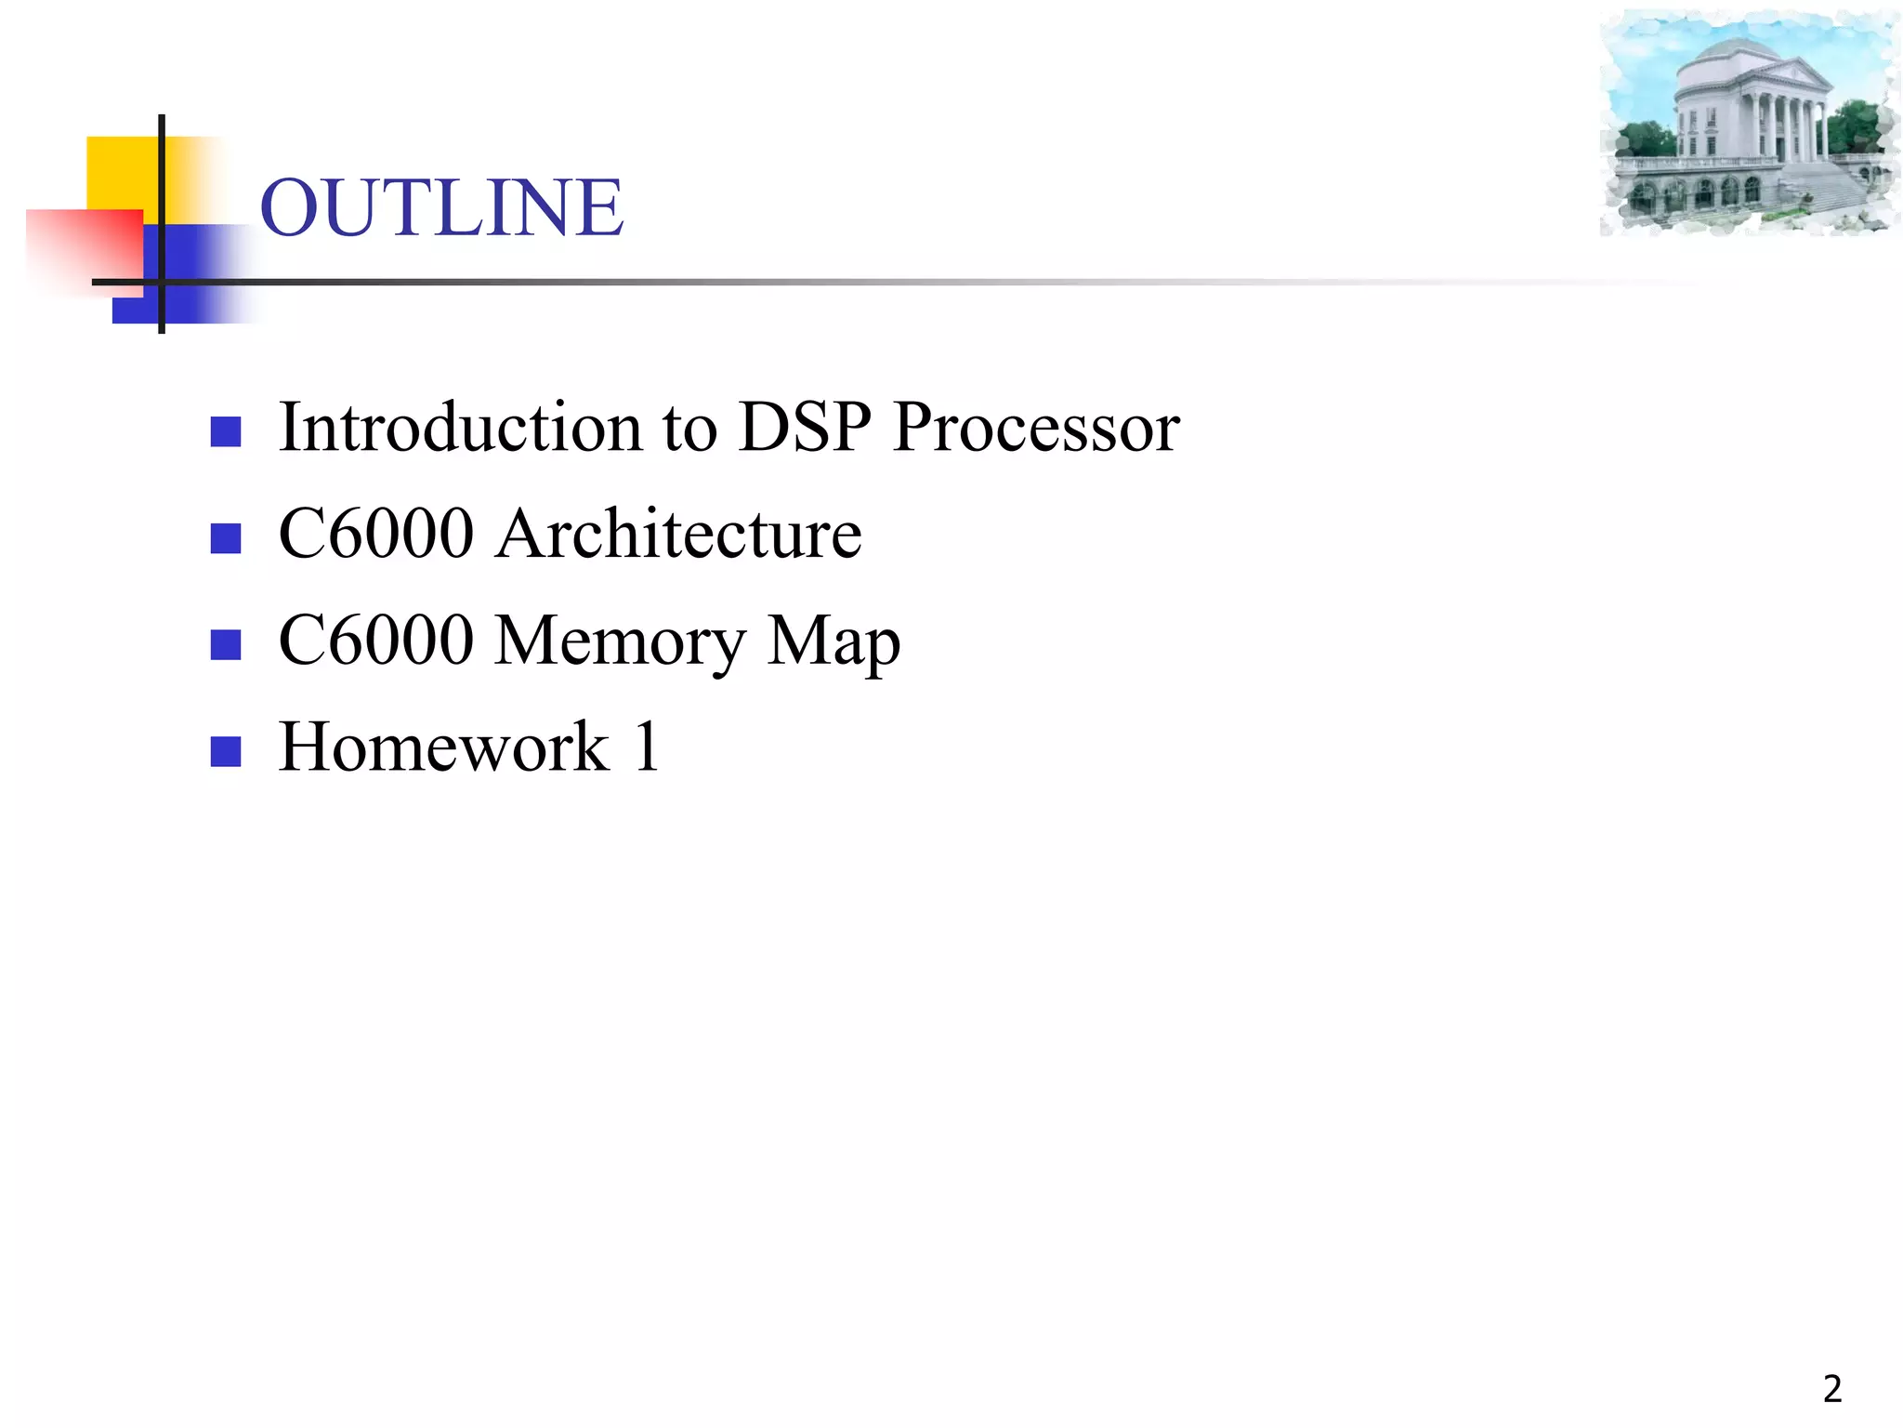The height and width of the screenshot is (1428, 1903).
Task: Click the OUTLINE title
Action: (441, 207)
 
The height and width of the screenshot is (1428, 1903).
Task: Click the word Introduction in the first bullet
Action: (460, 428)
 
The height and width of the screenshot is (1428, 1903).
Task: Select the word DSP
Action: (805, 428)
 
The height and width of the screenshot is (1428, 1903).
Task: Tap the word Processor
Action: (1036, 428)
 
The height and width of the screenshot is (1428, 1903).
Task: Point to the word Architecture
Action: (678, 535)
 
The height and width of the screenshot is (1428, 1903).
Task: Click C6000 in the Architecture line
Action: (376, 535)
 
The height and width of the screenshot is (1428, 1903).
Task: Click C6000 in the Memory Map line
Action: (376, 641)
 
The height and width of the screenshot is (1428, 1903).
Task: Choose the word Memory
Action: (620, 642)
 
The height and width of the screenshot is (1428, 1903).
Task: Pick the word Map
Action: (833, 642)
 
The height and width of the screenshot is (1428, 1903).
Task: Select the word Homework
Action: (444, 747)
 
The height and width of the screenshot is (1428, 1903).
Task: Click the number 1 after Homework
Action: (647, 747)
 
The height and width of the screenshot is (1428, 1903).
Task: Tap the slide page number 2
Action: (1831, 1389)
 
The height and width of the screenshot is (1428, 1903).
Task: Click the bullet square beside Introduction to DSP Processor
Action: (226, 431)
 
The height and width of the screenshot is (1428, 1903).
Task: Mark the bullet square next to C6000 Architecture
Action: (226, 538)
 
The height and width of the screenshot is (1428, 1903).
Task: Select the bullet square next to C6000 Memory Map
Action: (226, 644)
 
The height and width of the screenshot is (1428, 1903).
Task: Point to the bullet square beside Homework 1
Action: (226, 751)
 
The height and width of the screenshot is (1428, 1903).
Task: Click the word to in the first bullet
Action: (689, 428)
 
